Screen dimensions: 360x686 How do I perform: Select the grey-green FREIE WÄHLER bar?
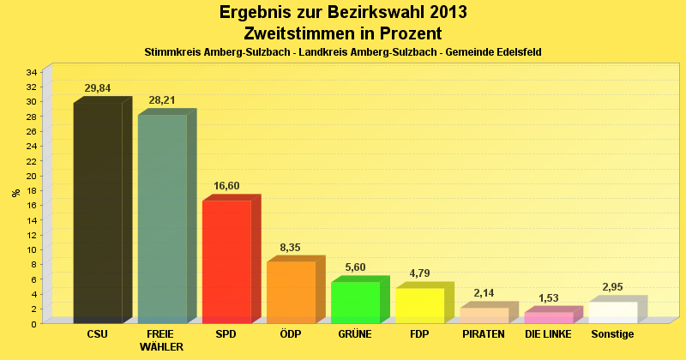click(x=162, y=219)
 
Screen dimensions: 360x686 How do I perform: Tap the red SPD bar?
click(x=226, y=261)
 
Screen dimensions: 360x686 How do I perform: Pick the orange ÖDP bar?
click(x=291, y=292)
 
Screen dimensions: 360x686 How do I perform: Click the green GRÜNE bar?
click(x=355, y=303)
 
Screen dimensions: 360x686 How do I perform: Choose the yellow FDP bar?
click(x=419, y=305)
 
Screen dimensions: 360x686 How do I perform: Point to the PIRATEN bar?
click(x=484, y=315)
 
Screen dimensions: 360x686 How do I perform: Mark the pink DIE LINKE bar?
click(x=548, y=317)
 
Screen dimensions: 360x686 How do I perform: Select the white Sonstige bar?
click(x=612, y=312)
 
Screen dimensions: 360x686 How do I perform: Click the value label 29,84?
click(x=97, y=87)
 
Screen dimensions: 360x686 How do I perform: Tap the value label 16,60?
click(x=226, y=186)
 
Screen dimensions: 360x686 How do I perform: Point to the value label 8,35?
click(x=291, y=248)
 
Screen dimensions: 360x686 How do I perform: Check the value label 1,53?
click(x=548, y=298)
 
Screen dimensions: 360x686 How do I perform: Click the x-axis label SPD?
click(x=226, y=333)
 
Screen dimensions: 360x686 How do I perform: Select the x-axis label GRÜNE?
click(x=355, y=333)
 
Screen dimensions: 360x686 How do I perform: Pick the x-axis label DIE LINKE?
click(x=548, y=333)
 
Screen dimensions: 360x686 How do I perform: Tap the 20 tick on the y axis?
click(x=31, y=176)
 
